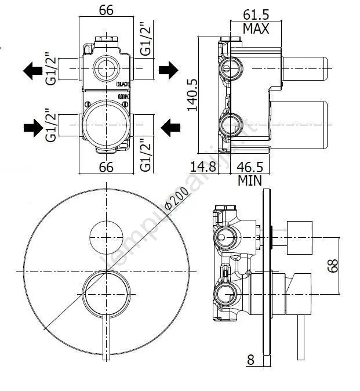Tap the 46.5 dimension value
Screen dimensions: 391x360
(250, 167)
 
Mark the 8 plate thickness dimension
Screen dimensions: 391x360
(250, 360)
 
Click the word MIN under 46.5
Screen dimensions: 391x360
(250, 180)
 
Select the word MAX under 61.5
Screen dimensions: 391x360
(255, 28)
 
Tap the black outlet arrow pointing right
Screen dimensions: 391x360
(168, 71)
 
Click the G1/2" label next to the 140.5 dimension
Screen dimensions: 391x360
(146, 39)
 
